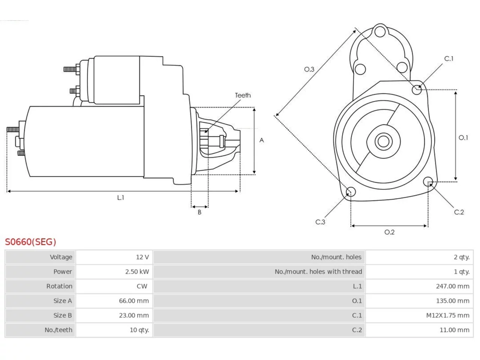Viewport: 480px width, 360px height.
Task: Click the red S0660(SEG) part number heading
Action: click(30, 242)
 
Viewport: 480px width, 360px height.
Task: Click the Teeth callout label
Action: click(243, 95)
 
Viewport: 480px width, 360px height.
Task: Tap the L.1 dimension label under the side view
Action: click(120, 198)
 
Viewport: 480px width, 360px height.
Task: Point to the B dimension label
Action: click(199, 212)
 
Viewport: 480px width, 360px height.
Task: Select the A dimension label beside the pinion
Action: click(261, 140)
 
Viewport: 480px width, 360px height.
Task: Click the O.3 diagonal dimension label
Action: click(309, 69)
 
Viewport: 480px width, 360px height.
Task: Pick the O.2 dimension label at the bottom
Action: click(389, 232)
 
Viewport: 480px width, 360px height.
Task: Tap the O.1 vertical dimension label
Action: click(463, 138)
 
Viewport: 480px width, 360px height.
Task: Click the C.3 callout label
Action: click(320, 222)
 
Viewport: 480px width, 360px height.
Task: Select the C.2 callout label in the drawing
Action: click(459, 212)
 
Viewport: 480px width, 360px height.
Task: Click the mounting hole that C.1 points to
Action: click(417, 90)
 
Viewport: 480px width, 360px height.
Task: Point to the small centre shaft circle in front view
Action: click(383, 142)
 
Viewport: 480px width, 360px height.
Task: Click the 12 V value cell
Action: click(142, 257)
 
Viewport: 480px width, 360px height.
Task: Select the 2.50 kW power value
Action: click(137, 272)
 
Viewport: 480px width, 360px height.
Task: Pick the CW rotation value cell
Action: click(142, 286)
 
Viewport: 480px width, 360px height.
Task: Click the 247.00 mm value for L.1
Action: click(453, 286)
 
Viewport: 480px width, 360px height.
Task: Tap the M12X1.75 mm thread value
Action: click(448, 315)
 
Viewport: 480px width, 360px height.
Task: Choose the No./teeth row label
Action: click(58, 330)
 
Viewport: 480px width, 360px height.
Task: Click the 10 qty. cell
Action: click(139, 330)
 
